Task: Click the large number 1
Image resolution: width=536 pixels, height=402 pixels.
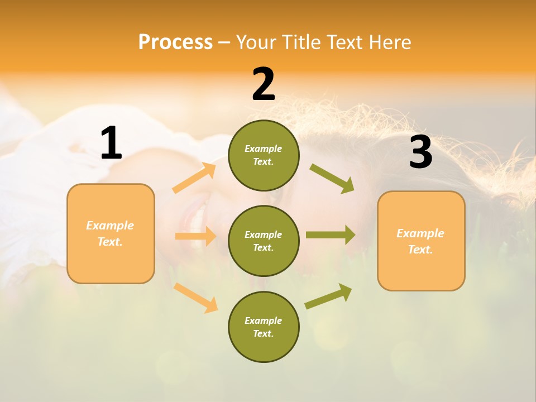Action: [111, 143]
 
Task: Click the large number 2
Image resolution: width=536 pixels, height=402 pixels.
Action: [264, 84]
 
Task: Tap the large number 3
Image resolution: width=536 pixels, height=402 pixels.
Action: [420, 152]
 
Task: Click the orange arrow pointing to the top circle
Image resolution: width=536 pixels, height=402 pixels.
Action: [194, 178]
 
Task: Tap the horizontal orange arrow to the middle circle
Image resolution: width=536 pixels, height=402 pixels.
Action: [195, 236]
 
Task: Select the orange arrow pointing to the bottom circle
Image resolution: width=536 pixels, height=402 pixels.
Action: [195, 298]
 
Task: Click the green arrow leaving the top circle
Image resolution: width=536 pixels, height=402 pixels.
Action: [332, 178]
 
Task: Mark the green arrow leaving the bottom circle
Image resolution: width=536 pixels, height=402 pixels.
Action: [328, 296]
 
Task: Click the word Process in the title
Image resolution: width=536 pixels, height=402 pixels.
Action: [175, 42]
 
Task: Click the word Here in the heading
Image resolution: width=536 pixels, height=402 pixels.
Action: [390, 42]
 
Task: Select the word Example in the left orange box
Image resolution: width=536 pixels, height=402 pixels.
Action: [110, 226]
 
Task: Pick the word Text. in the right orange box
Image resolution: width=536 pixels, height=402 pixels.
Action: [420, 250]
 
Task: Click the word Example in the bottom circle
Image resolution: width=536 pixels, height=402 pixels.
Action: [263, 320]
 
